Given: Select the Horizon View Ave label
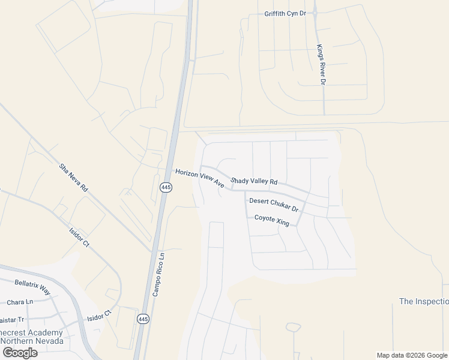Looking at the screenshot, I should (x=199, y=178).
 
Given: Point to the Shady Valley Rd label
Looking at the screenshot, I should (x=254, y=181).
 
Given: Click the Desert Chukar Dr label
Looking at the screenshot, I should (x=274, y=205).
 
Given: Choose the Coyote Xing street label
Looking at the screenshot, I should (x=272, y=220).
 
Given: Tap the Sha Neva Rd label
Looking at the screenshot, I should (x=74, y=178).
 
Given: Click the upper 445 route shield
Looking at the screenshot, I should (x=166, y=188).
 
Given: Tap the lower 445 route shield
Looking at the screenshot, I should (x=142, y=318).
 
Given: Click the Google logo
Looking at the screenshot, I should (x=20, y=352).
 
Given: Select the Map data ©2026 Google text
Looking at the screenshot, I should (x=412, y=355).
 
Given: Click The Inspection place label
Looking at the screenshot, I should (x=424, y=301).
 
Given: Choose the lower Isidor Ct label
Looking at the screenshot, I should (x=100, y=316).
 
